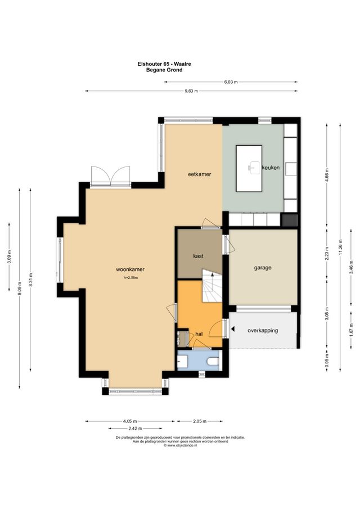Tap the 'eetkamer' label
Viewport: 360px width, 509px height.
coord(199,174)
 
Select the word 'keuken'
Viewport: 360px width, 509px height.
coord(271,168)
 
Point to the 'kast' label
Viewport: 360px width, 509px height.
coord(198,256)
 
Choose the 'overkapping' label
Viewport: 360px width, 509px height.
coord(263,331)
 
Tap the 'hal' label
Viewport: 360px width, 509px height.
coord(199,334)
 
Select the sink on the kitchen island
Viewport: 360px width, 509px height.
coord(251,167)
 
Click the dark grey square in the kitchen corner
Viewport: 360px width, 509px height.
coord(289,220)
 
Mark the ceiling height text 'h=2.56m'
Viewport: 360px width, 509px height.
coord(130,277)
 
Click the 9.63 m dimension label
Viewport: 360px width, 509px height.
coord(191,91)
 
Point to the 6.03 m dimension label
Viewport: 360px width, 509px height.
coord(231,82)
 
